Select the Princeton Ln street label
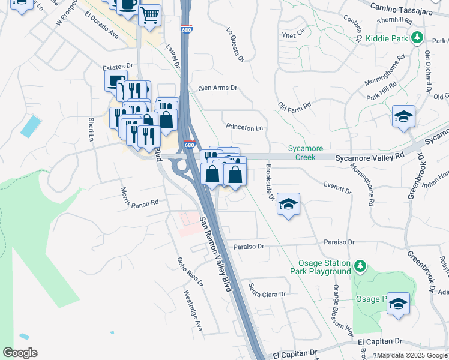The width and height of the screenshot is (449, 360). [244, 127]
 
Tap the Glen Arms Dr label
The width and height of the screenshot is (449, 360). [218, 88]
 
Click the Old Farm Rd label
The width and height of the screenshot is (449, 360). [294, 106]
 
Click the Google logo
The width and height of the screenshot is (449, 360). [20, 353]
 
